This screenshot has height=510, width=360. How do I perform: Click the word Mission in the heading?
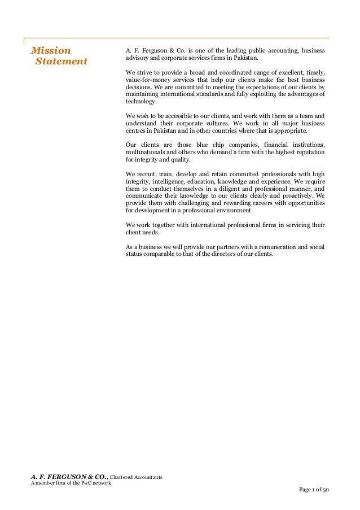click(x=51, y=49)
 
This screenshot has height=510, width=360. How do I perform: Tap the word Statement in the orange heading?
click(x=61, y=61)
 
